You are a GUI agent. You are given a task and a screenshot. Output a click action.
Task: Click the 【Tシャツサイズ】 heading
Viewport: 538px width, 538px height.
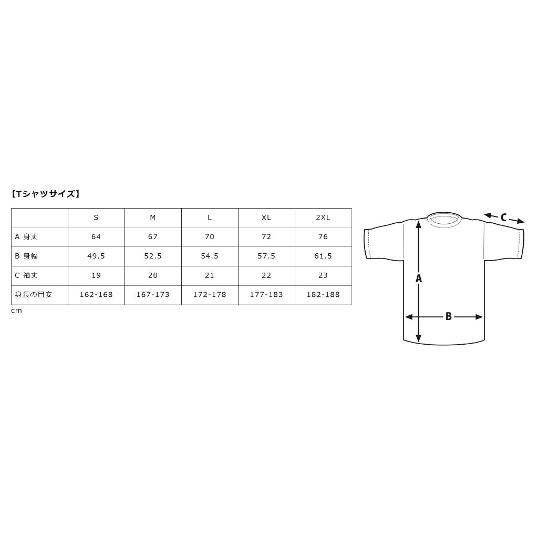click(46, 194)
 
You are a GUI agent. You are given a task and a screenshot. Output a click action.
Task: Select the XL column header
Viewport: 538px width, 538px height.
click(266, 218)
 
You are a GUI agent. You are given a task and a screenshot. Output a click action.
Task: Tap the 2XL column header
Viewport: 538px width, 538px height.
click(323, 218)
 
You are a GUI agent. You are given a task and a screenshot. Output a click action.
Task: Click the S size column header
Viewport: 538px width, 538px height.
click(96, 218)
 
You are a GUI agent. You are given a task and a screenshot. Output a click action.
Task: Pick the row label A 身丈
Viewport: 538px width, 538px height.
click(26, 237)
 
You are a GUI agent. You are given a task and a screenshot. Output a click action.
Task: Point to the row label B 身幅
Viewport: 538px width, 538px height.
click(26, 256)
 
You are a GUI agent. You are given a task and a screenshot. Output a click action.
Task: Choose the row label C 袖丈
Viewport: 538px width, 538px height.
click(26, 275)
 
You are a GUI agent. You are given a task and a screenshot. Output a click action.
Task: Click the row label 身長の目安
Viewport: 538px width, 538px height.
click(33, 294)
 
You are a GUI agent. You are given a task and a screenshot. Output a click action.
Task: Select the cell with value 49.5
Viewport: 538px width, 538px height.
click(96, 256)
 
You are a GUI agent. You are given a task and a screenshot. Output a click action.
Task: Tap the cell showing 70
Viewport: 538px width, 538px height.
click(210, 237)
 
